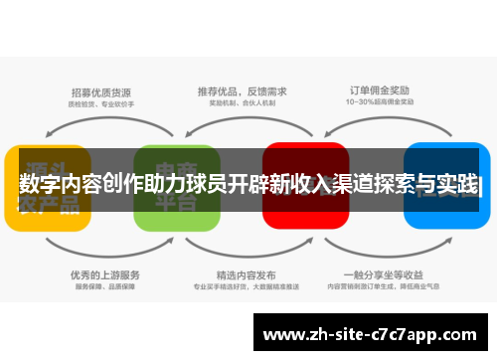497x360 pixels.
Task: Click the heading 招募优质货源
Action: (x=103, y=88)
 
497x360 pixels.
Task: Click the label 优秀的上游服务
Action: (x=105, y=274)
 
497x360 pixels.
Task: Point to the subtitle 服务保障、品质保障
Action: (x=105, y=287)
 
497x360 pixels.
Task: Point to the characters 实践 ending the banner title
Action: (x=457, y=185)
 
